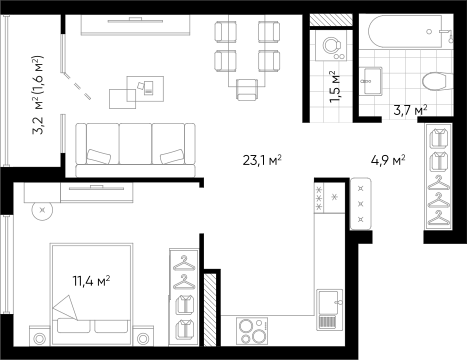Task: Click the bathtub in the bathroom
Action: (405, 32)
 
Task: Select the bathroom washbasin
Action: (373, 80)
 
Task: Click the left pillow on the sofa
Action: (99, 157)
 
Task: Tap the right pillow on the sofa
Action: (172, 157)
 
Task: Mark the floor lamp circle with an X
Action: (42, 210)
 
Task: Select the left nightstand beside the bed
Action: (39, 335)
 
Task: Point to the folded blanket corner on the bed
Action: (64, 306)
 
